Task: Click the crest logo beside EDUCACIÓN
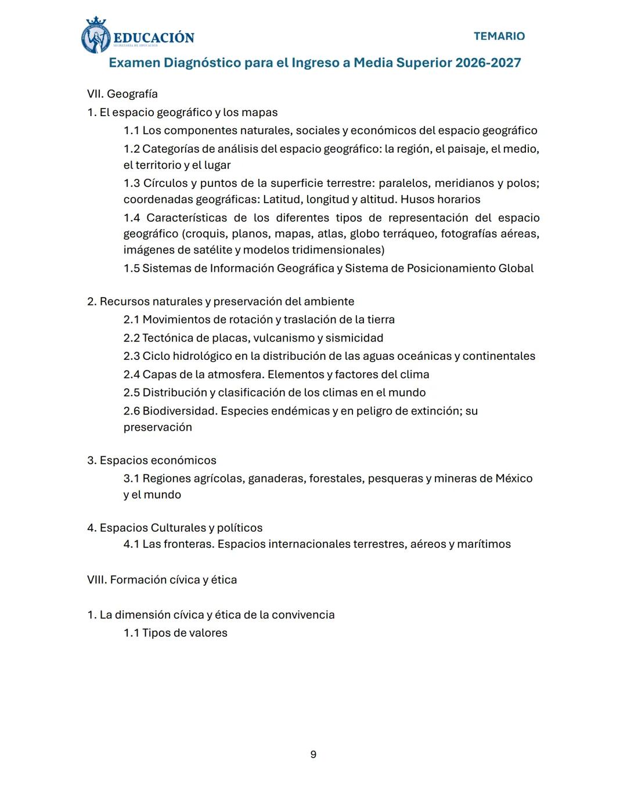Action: click(x=95, y=36)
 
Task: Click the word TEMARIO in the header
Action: click(x=499, y=36)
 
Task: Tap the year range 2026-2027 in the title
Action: click(x=488, y=63)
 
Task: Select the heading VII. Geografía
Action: click(x=122, y=94)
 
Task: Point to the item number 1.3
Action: click(x=132, y=183)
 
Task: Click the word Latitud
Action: click(x=282, y=200)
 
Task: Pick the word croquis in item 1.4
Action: click(x=206, y=234)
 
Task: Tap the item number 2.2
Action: click(x=132, y=338)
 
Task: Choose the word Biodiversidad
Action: click(x=179, y=411)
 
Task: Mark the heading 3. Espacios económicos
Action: click(x=152, y=460)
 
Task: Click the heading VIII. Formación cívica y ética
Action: click(x=162, y=579)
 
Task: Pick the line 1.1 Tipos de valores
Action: click(x=175, y=633)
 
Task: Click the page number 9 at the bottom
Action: click(x=313, y=754)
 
